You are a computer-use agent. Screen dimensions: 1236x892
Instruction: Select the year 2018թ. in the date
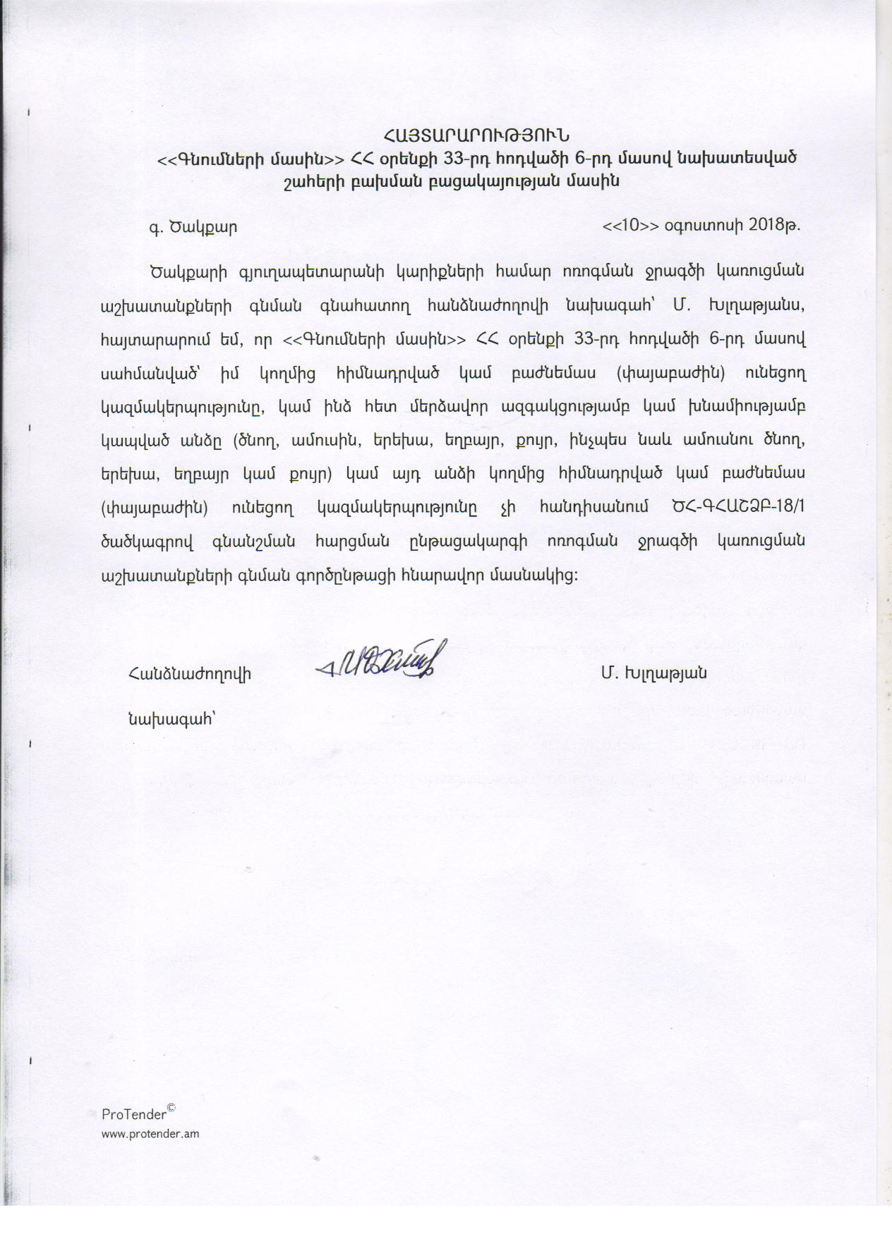pos(774,226)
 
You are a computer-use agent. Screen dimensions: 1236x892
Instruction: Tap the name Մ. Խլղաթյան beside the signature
pos(653,673)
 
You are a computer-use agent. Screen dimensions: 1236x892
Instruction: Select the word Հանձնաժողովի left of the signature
pos(190,673)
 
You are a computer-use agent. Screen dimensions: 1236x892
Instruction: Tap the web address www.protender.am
pos(150,1134)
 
